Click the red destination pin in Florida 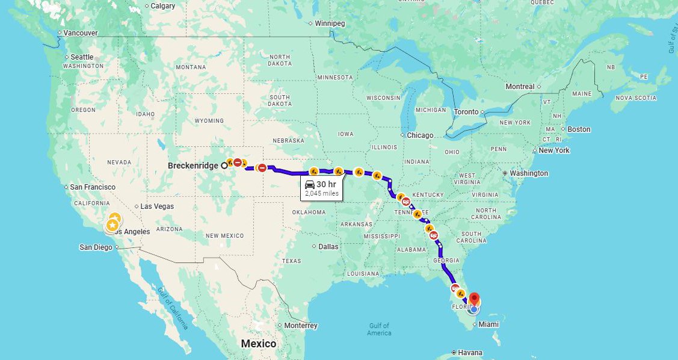tap(474, 299)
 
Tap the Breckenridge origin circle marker tap(224, 165)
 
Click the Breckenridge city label tap(193, 165)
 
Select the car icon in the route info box tap(310, 184)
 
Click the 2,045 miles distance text tap(322, 194)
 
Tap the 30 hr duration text tap(326, 184)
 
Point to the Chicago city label tap(420, 135)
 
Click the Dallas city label tap(329, 246)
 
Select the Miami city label tap(488, 324)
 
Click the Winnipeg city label tap(330, 23)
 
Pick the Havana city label tap(469, 352)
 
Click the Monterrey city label tap(301, 326)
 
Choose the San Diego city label tap(96, 247)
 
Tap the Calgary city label tap(163, 6)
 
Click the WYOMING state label tap(209, 121)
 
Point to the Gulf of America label tap(379, 329)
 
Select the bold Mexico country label tap(259, 344)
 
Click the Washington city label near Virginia tap(529, 173)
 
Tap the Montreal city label tap(520, 87)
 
